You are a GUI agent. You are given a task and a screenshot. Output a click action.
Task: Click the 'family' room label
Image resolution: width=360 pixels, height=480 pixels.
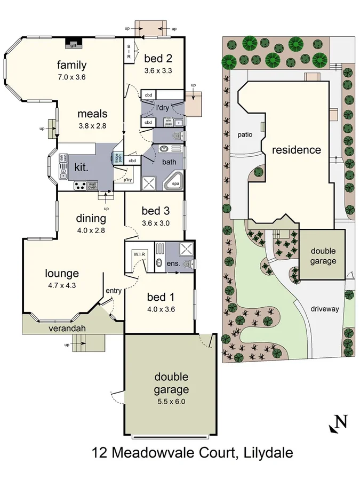[72, 65]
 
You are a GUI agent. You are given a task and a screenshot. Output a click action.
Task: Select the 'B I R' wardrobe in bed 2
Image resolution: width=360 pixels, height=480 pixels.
[129, 52]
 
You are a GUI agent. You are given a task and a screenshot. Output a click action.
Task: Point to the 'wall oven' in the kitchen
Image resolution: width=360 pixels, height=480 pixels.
[92, 186]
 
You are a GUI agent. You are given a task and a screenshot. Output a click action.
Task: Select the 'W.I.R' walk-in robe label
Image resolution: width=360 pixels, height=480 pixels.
[140, 254]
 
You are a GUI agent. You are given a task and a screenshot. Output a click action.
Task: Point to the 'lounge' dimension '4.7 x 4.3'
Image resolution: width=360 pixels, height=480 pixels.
[61, 285]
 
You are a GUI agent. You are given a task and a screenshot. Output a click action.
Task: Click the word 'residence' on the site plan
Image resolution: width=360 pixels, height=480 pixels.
[297, 150]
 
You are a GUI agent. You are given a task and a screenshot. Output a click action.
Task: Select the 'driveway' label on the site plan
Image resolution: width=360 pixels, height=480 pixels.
[324, 309]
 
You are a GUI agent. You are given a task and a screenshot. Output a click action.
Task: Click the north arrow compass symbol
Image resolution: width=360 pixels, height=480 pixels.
[339, 422]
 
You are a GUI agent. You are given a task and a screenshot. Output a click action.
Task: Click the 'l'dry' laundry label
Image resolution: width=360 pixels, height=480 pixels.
[162, 108]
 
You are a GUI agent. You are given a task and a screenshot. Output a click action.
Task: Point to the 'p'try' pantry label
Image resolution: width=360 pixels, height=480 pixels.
[127, 180]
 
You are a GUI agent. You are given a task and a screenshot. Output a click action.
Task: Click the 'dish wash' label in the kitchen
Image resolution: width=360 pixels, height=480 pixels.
[62, 158]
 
